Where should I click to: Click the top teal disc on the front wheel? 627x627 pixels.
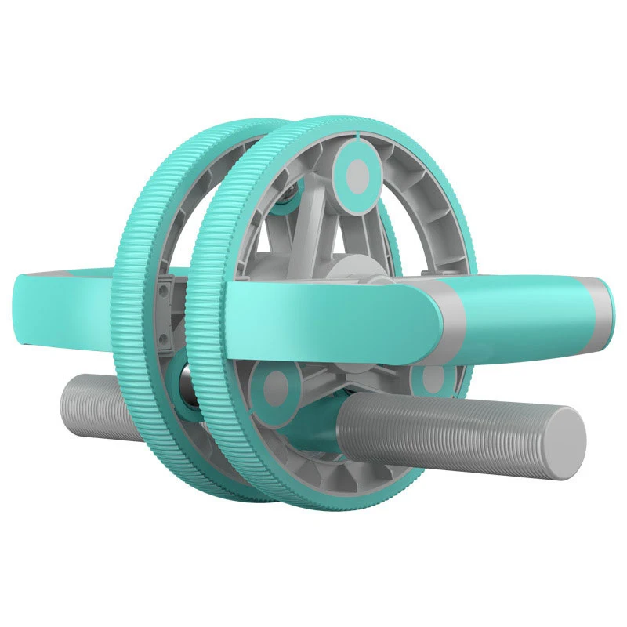(359, 170)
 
